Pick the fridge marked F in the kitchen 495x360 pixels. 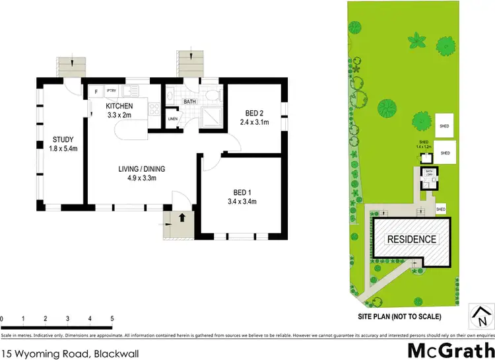tap(96, 92)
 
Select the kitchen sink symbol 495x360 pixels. tap(131, 90)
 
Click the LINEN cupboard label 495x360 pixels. tap(173, 119)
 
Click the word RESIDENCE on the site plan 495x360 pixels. tap(411, 239)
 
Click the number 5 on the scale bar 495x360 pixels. tap(112, 320)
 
